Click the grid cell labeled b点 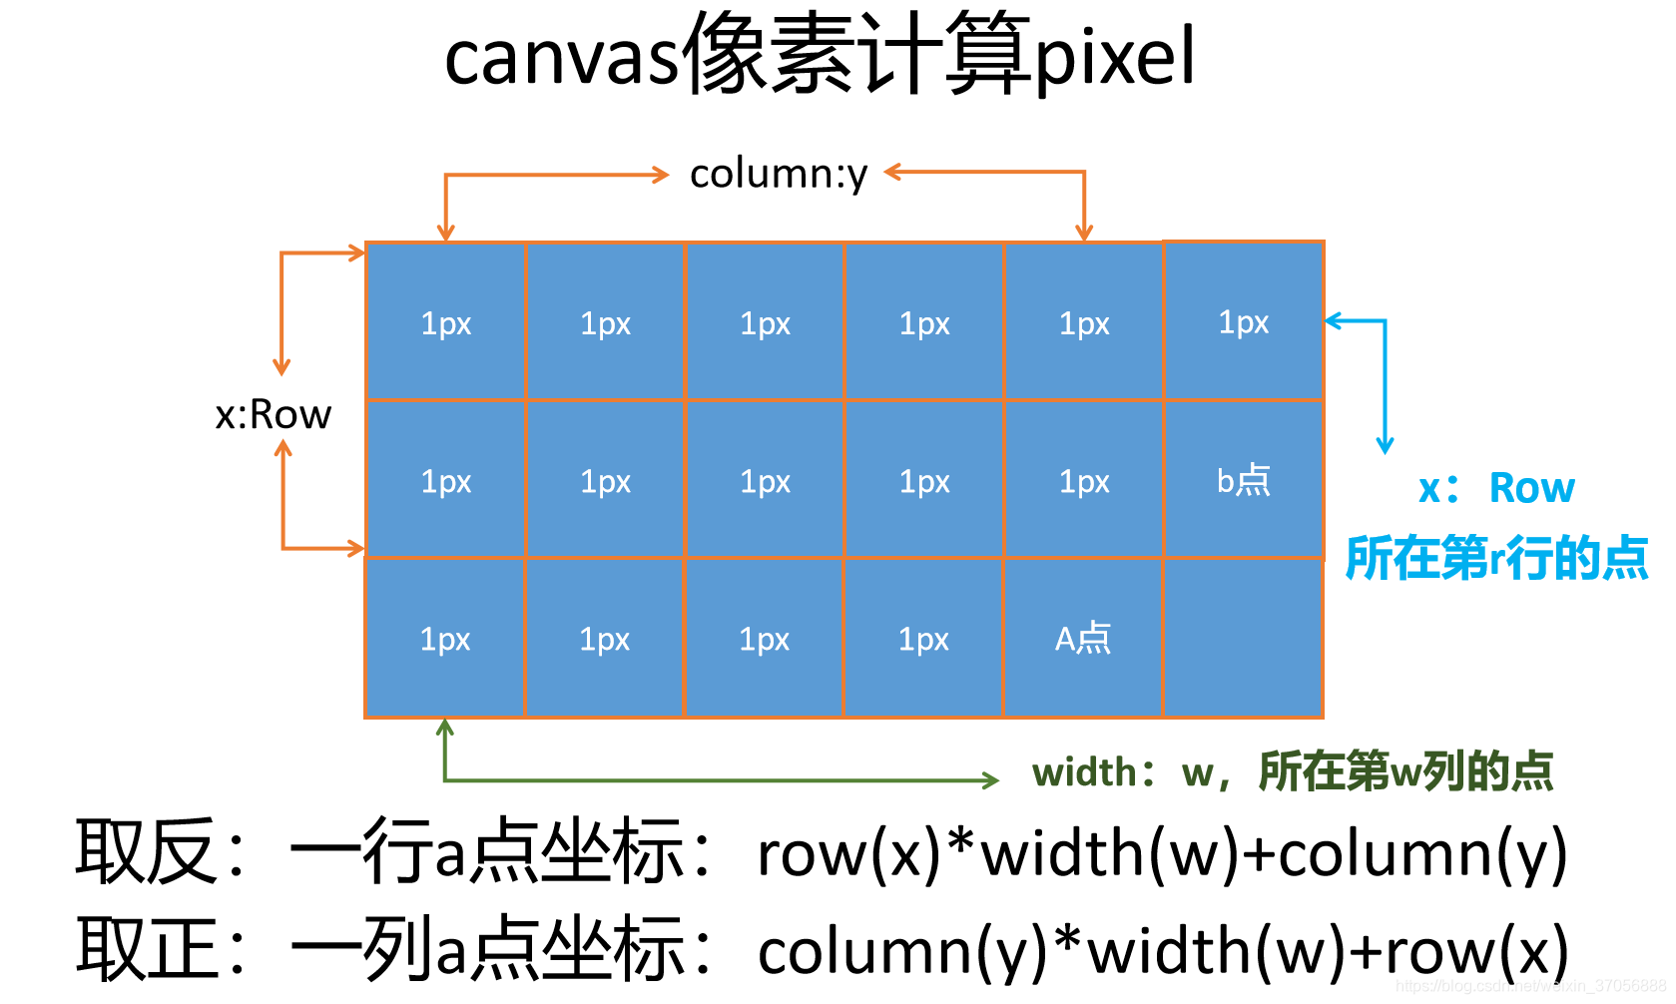click(x=1243, y=480)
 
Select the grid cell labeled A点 click(x=1083, y=638)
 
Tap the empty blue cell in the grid click(x=1243, y=638)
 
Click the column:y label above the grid click(x=779, y=175)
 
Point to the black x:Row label click(x=273, y=414)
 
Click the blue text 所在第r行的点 click(x=1496, y=558)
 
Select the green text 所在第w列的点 click(x=1406, y=771)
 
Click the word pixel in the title click(x=1115, y=57)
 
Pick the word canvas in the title click(x=562, y=59)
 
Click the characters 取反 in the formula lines click(x=145, y=851)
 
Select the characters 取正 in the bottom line click(x=145, y=949)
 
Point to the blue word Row click(x=1531, y=489)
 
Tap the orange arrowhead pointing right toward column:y click(x=660, y=175)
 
